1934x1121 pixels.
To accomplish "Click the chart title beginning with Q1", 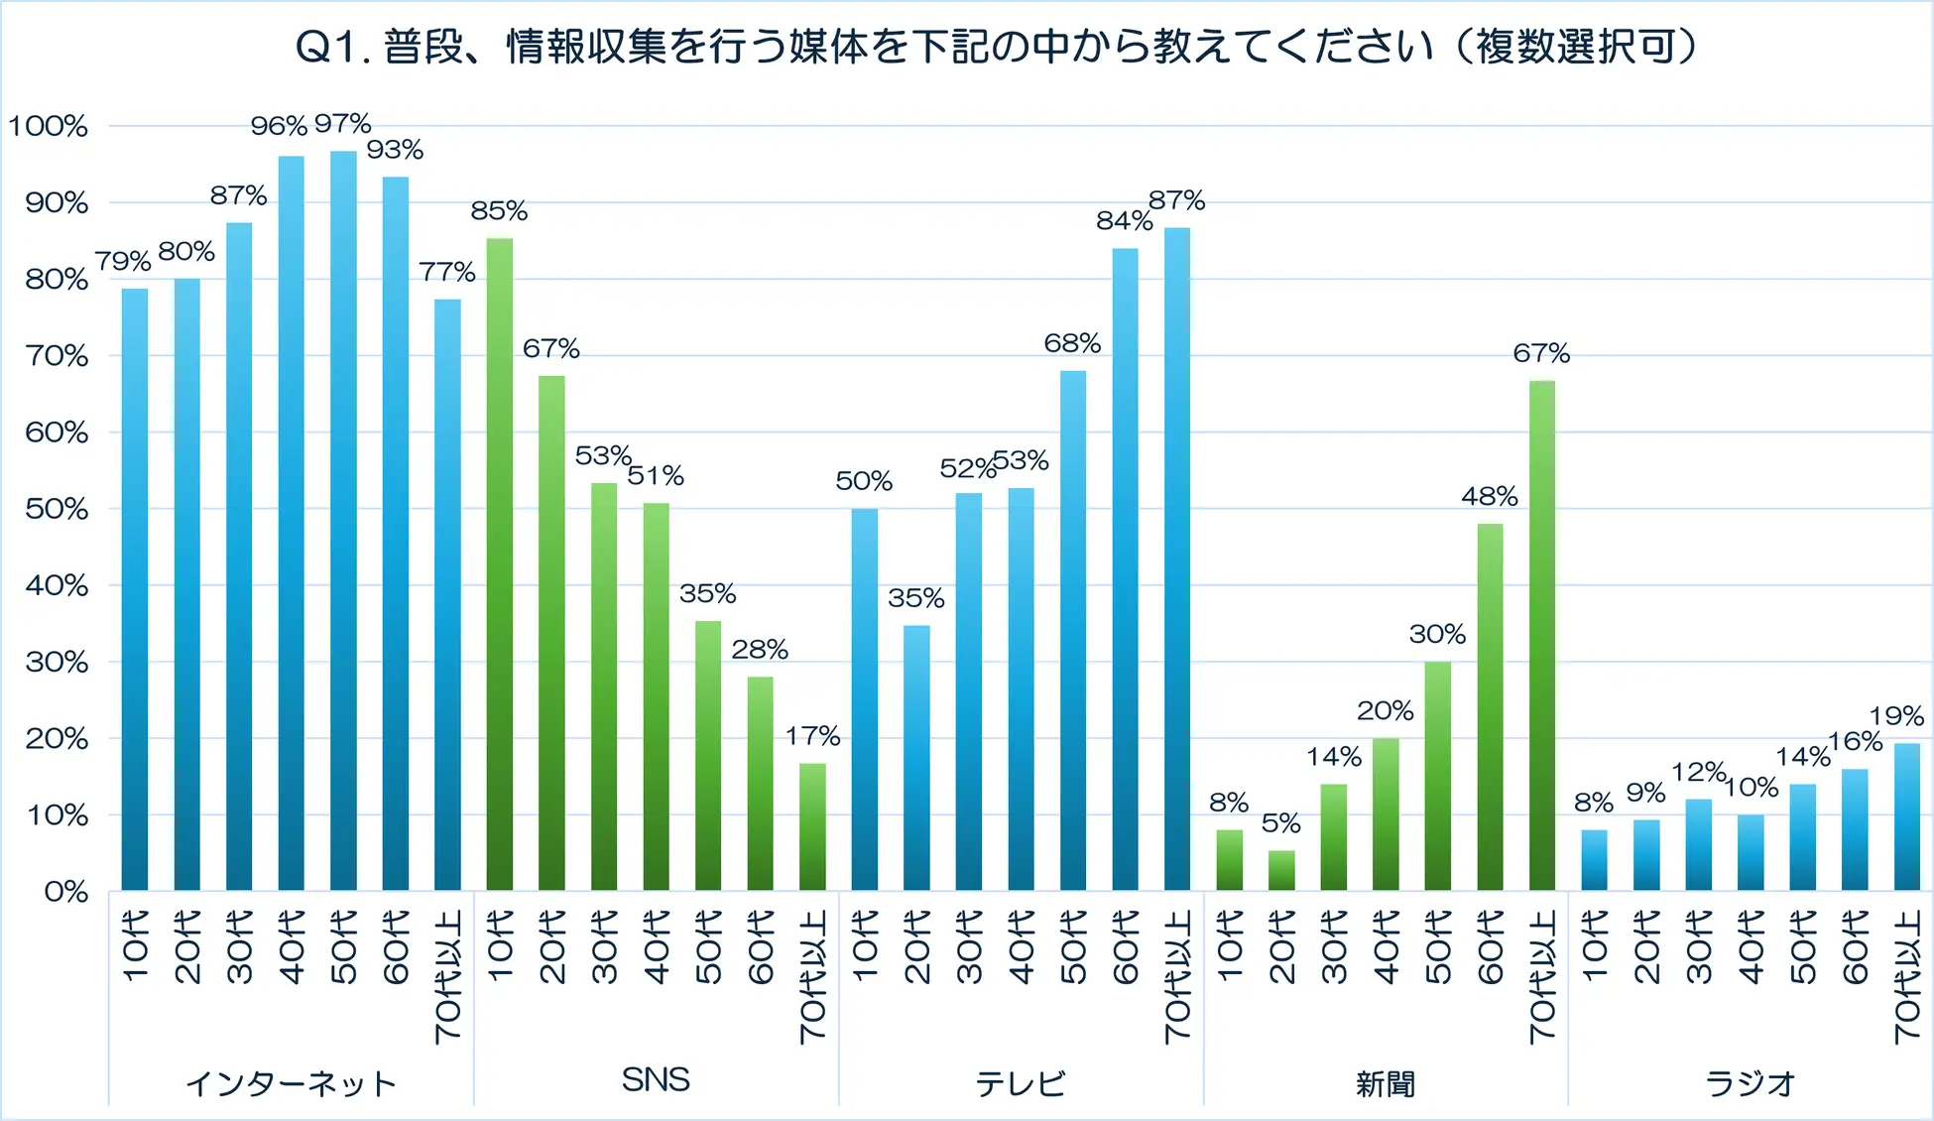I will (x=997, y=47).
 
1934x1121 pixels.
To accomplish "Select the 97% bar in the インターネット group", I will (x=343, y=521).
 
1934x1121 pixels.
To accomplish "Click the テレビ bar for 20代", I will (x=916, y=758).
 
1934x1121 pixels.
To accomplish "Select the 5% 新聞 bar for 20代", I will (x=1281, y=870).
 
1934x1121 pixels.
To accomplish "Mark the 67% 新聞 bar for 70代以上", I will (x=1542, y=635).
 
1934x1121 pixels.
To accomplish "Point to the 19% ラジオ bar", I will (x=1907, y=816).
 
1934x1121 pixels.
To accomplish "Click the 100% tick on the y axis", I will (x=49, y=126).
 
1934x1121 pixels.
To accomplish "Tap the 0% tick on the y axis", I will (x=65, y=892).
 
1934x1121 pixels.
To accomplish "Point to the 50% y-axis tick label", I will (x=57, y=509).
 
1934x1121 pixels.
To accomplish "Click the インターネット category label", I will (x=291, y=1083).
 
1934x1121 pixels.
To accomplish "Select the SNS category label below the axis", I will (x=656, y=1080).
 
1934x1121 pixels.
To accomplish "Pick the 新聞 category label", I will (x=1386, y=1083).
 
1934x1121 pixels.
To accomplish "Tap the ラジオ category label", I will (x=1751, y=1083).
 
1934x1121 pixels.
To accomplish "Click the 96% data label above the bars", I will (x=279, y=126).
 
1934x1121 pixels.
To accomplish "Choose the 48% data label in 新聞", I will (x=1490, y=496).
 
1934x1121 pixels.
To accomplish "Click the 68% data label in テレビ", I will (x=1072, y=343).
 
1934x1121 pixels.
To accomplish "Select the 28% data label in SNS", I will (x=760, y=649).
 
